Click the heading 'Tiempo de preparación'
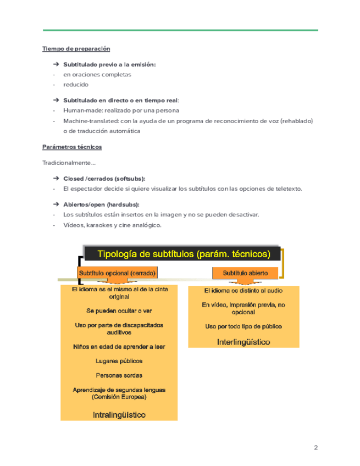coord(72,49)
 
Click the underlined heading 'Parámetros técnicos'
coord(72,147)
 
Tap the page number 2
coord(316,447)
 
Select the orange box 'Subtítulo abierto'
coord(245,273)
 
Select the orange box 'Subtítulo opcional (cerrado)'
coord(117,273)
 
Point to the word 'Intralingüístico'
coord(119,414)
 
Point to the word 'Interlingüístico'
coord(243,342)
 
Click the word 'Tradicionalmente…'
coord(69,163)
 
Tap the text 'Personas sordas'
coord(119,376)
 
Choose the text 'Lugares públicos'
coord(119,361)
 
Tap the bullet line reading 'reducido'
coord(76,85)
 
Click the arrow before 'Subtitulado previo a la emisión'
coord(56,64)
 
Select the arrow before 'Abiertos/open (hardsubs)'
coord(56,204)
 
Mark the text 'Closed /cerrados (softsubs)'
coord(104,179)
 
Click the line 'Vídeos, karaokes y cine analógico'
coord(112,225)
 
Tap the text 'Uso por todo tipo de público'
coord(243,326)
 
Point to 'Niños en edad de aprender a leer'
coord(119,347)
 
